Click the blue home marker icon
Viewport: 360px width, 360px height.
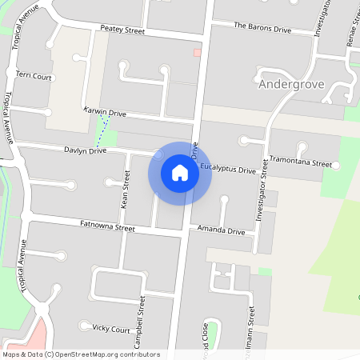click(x=180, y=173)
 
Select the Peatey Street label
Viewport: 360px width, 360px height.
click(x=122, y=30)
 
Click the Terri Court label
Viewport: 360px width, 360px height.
click(x=34, y=77)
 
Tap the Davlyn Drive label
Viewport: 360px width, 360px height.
click(x=86, y=150)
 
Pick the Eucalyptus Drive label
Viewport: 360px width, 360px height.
click(x=228, y=170)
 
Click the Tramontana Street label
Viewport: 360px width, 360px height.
click(x=300, y=162)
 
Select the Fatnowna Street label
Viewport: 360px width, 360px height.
click(x=108, y=227)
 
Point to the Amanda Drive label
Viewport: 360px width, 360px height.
click(x=221, y=230)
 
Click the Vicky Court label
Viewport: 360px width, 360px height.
click(x=111, y=329)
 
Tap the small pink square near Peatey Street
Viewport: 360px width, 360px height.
click(x=197, y=53)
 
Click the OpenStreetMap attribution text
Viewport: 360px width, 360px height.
click(x=81, y=354)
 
